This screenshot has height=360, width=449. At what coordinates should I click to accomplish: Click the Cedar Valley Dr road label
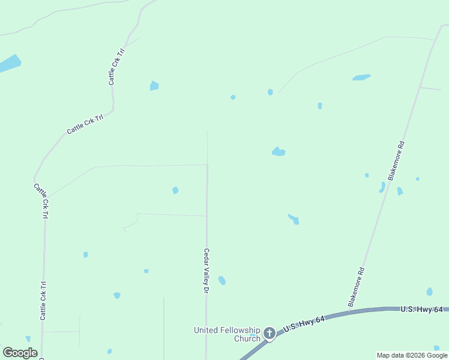tap(205, 270)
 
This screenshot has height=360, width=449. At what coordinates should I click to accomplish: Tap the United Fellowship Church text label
tap(227, 334)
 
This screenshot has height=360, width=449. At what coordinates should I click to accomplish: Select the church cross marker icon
tap(270, 333)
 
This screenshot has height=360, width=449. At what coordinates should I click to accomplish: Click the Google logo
tap(20, 353)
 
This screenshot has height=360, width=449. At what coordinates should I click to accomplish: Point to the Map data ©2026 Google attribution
tap(412, 355)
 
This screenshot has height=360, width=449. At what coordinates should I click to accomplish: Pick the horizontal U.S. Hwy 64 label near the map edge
tap(421, 309)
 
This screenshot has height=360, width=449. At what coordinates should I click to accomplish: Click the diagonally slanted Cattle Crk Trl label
tap(85, 124)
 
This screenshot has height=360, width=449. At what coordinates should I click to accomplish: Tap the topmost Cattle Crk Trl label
tap(115, 66)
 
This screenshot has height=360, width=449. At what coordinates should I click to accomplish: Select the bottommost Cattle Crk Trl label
tap(43, 301)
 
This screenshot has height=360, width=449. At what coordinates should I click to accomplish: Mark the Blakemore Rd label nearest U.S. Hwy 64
tap(356, 287)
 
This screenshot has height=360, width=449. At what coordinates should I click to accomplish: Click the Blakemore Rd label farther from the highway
tap(396, 161)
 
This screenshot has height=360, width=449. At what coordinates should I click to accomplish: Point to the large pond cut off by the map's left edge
tap(8, 63)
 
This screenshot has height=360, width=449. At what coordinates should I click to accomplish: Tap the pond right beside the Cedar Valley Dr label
tap(222, 280)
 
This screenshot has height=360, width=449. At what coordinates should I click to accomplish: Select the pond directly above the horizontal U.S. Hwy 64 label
tap(429, 292)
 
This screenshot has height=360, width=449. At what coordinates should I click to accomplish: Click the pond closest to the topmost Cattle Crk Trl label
tap(154, 86)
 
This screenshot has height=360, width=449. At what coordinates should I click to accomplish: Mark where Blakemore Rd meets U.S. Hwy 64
tap(349, 311)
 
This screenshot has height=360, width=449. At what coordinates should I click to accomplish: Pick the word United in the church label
tap(205, 330)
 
